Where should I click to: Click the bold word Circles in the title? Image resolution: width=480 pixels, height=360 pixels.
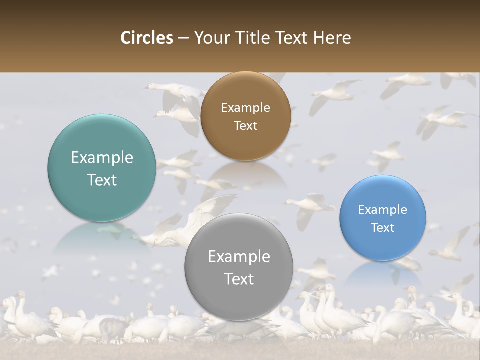pyautogui.click(x=147, y=38)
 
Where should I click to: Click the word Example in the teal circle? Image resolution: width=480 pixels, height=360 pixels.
pyautogui.click(x=102, y=158)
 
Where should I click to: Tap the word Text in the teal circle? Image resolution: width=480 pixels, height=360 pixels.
pyautogui.click(x=102, y=180)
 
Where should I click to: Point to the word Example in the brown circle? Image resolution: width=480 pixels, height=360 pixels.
pyautogui.click(x=245, y=108)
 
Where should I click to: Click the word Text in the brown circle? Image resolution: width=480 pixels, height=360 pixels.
pyautogui.click(x=245, y=125)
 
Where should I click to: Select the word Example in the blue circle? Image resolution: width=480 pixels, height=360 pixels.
pyautogui.click(x=382, y=210)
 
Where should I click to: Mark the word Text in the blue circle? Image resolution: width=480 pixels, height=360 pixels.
pyautogui.click(x=382, y=228)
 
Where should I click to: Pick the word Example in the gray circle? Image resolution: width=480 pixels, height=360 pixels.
pyautogui.click(x=239, y=257)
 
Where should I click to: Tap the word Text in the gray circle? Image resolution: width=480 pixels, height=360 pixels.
pyautogui.click(x=239, y=279)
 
